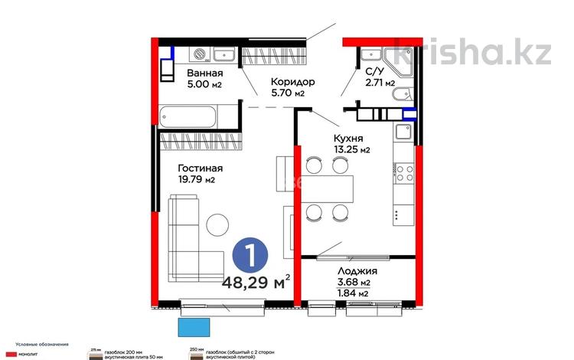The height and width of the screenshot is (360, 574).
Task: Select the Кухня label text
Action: pos(347,139)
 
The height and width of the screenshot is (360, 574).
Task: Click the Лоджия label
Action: pos(359,272)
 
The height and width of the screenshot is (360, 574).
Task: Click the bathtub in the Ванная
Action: pos(188,118)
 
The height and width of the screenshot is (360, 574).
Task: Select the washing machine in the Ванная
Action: pos(201,54)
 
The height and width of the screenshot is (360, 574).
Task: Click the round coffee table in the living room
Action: pos(217,224)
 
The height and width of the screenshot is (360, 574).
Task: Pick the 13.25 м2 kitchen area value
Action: pos(351,150)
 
